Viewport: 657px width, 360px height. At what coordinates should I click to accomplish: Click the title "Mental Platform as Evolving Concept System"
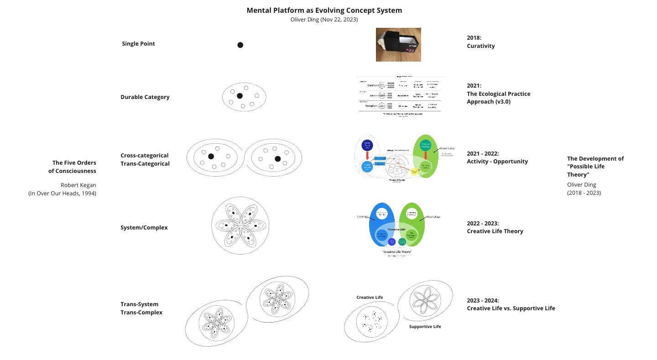324,10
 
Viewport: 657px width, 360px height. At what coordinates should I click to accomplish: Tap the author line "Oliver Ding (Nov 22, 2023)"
324,20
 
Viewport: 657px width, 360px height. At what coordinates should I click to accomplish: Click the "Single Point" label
138,44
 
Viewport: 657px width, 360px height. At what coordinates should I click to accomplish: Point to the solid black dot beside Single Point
240,45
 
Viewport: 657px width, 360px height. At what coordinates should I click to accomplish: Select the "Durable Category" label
145,97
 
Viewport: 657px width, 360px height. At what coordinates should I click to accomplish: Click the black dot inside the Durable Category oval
240,96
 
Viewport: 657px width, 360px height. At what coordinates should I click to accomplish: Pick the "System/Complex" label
144,228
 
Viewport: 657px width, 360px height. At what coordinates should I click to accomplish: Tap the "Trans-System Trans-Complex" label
141,308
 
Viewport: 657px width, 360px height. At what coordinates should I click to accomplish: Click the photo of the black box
398,44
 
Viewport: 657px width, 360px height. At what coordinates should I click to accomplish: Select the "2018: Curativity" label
480,42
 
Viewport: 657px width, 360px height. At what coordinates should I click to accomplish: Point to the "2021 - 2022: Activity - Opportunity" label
497,157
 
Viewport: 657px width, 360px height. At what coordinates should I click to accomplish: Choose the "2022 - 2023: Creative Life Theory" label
495,227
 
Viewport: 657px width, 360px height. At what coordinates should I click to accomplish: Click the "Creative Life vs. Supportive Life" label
511,308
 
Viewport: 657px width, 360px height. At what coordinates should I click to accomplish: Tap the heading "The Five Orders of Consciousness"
74,167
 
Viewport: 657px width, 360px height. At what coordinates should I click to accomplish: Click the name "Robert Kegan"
78,185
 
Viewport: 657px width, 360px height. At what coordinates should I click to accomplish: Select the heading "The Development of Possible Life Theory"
595,167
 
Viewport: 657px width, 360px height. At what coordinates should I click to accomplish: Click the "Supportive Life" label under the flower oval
425,327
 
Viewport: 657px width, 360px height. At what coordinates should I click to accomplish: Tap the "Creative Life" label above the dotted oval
370,297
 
